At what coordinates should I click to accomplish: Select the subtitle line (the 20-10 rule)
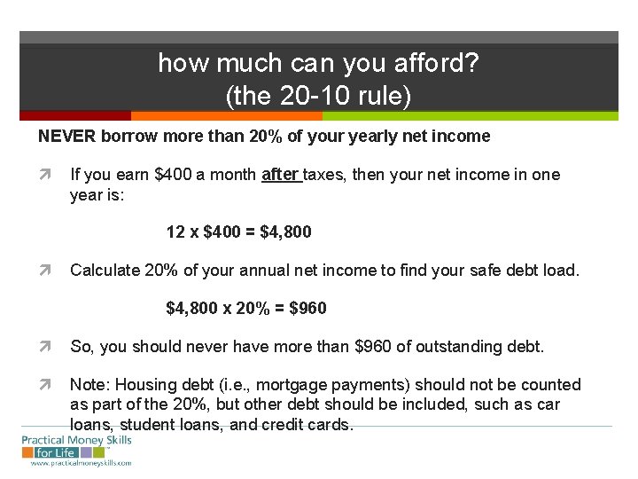click(x=319, y=96)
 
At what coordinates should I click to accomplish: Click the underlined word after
click(x=282, y=175)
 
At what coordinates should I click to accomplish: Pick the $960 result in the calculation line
click(x=307, y=308)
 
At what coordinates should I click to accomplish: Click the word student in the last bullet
click(x=149, y=424)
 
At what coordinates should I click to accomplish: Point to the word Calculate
click(x=105, y=269)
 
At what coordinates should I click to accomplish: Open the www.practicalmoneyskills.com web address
click(x=81, y=463)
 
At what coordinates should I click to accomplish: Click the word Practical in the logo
click(x=48, y=440)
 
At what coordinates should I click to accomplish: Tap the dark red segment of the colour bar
click(x=75, y=115)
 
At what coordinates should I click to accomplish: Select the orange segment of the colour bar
click(x=226, y=115)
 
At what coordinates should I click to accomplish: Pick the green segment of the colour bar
click(x=470, y=115)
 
